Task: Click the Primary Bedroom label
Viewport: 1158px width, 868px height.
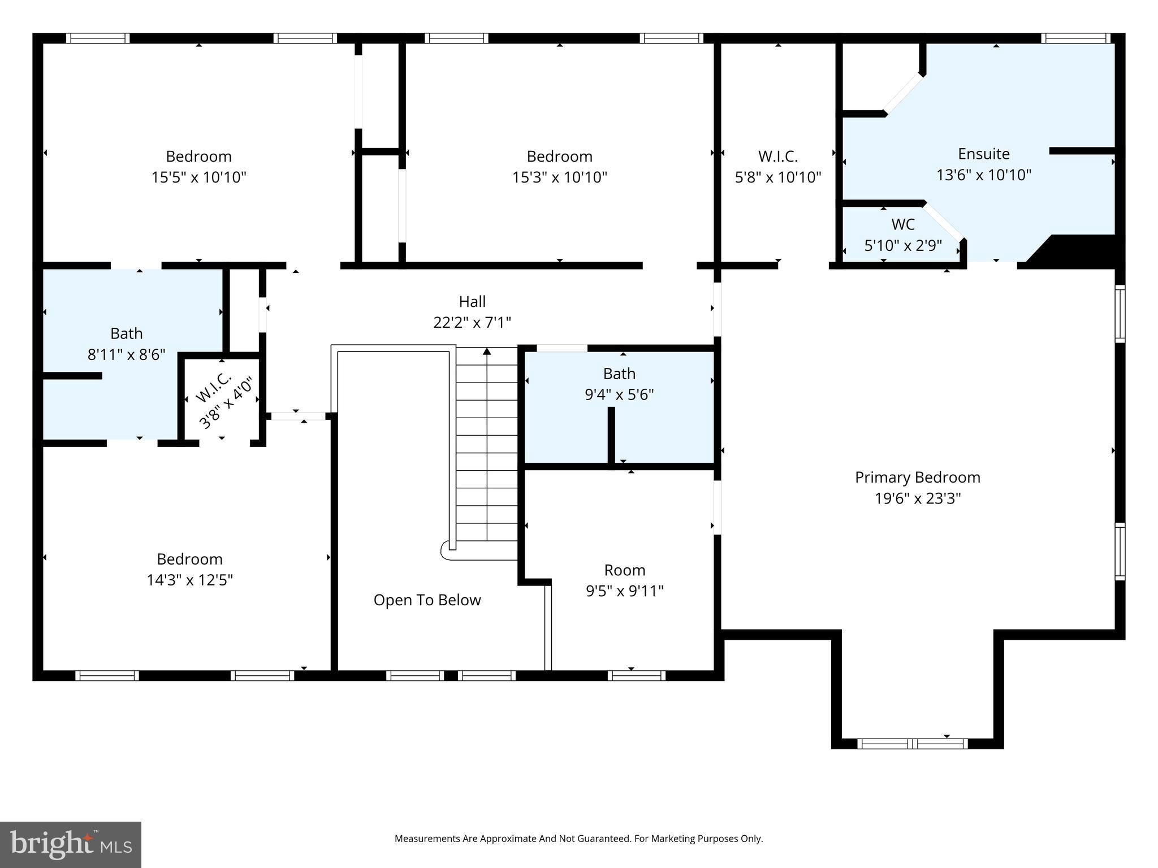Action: pyautogui.click(x=917, y=478)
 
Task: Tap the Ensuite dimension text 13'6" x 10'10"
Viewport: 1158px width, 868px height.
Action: pyautogui.click(x=984, y=175)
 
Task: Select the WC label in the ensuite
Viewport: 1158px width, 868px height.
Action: pyautogui.click(x=903, y=224)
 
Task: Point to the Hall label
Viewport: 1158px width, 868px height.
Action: pyautogui.click(x=472, y=302)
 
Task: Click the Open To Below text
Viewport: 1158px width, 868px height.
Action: pyautogui.click(x=427, y=600)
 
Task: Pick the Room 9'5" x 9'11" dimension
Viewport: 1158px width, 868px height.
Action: pyautogui.click(x=624, y=591)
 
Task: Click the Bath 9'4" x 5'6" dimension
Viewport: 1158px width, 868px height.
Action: pyautogui.click(x=619, y=394)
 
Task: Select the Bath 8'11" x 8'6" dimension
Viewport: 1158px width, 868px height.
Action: pyautogui.click(x=126, y=355)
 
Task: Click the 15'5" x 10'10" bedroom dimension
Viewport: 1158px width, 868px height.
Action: pyautogui.click(x=198, y=177)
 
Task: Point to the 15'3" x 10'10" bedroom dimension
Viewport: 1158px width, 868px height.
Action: pyautogui.click(x=559, y=177)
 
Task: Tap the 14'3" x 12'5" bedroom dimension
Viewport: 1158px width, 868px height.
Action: pyautogui.click(x=189, y=580)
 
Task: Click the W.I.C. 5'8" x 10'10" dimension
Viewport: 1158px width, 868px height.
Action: pyautogui.click(x=777, y=177)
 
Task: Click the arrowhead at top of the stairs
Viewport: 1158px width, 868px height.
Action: pyautogui.click(x=487, y=351)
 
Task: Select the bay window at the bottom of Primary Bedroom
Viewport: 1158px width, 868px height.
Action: pyautogui.click(x=912, y=744)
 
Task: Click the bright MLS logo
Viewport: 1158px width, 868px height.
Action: pyautogui.click(x=70, y=844)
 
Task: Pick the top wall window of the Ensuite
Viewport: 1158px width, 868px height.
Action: pyautogui.click(x=1075, y=38)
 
